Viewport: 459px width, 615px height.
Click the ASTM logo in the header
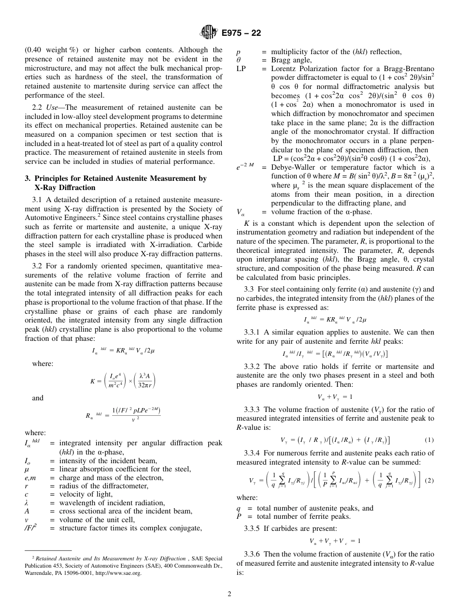point(208,33)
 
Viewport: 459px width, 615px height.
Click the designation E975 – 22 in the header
point(242,33)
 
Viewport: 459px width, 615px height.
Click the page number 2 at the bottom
point(229,594)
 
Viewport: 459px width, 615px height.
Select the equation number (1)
point(429,440)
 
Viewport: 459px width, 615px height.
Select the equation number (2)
point(429,481)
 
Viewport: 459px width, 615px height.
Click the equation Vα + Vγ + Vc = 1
point(335,541)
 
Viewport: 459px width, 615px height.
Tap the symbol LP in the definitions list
point(241,69)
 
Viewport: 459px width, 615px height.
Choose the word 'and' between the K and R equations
point(38,398)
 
